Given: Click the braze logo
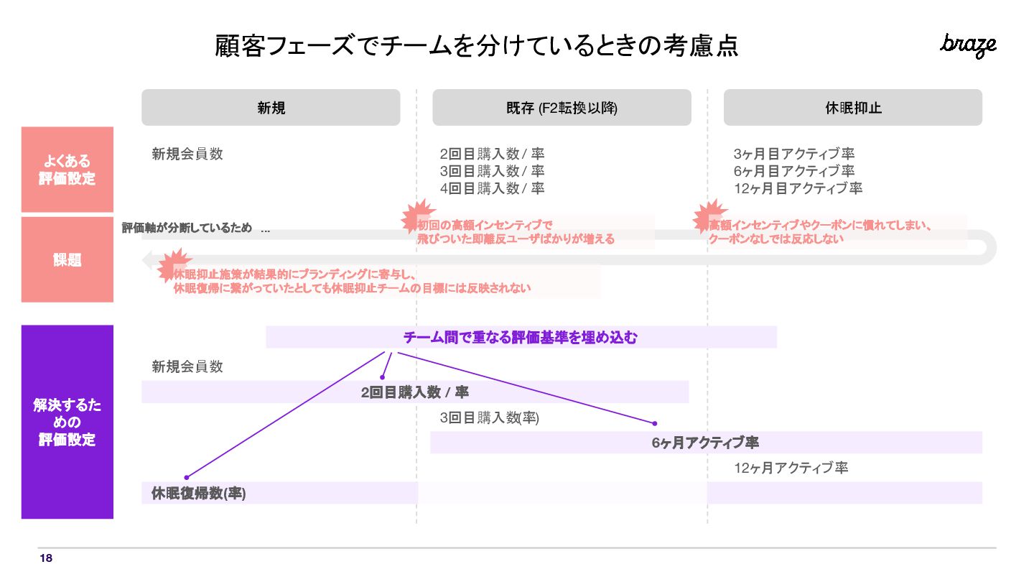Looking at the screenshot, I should [968, 45].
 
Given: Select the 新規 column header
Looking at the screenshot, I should [271, 108].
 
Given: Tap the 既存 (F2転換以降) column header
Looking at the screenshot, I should [562, 108].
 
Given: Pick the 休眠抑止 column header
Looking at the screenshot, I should [852, 108].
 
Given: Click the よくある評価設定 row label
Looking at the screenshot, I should [67, 170].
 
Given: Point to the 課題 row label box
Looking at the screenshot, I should [67, 260].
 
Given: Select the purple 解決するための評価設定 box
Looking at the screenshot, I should [67, 422].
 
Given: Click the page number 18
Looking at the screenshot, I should [46, 558].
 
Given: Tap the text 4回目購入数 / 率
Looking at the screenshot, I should [492, 188].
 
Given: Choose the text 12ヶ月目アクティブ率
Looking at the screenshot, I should [798, 188].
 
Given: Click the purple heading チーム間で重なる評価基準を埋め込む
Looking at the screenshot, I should [521, 337].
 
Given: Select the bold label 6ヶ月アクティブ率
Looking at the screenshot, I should [705, 443].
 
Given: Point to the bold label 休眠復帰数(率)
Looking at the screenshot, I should [199, 493].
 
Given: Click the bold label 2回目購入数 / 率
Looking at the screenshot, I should [415, 392].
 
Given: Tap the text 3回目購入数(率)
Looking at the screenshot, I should [489, 417].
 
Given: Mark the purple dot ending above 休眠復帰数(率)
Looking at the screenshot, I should [187, 477].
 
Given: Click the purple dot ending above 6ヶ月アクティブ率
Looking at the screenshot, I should [654, 423].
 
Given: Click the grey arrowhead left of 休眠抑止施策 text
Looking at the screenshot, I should [148, 259].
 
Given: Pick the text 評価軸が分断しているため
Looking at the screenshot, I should [187, 228].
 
